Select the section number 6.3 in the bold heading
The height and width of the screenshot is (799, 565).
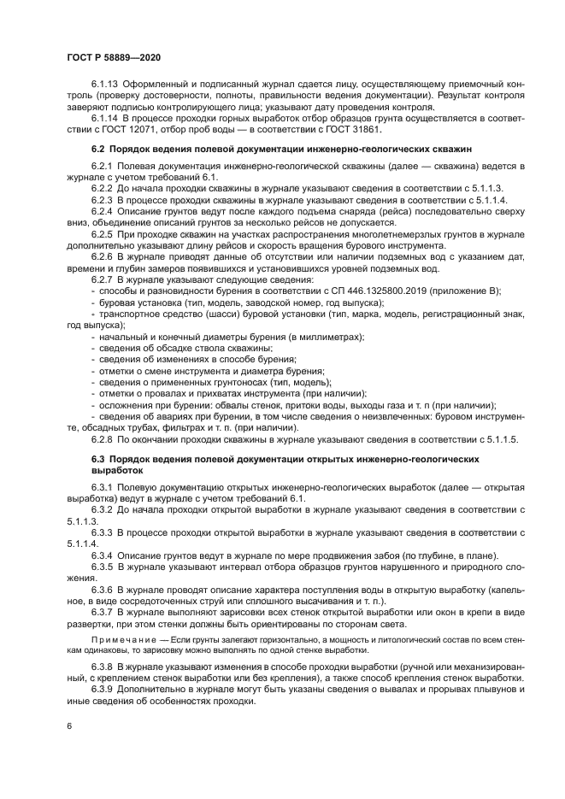click(99, 460)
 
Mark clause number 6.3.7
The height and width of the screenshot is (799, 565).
click(103, 612)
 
